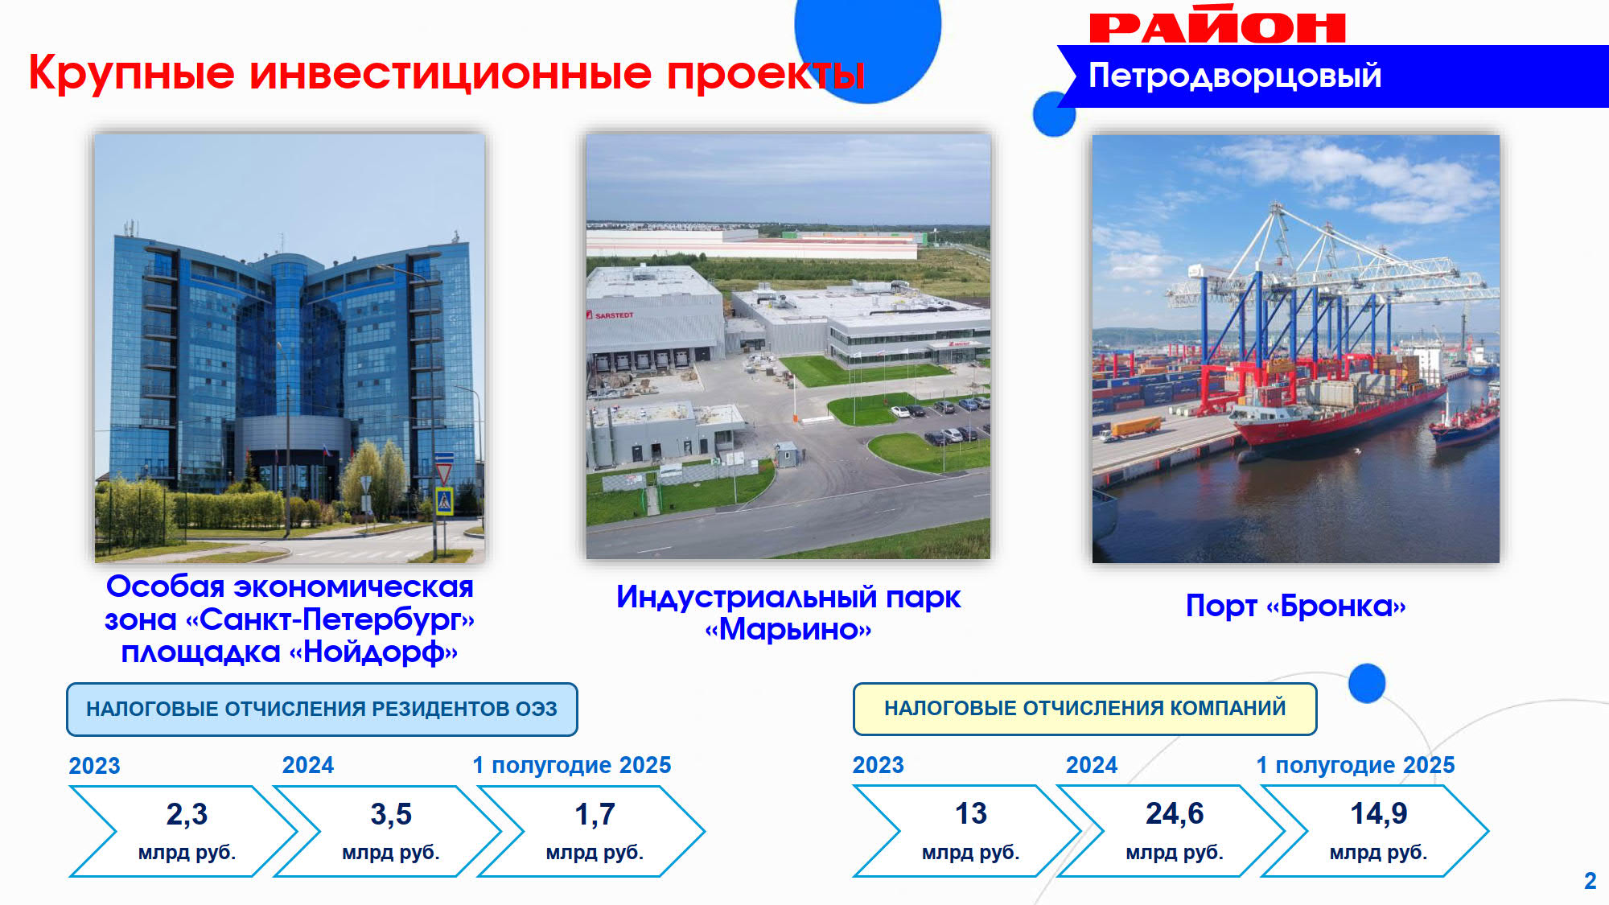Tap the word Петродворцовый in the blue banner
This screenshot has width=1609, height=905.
1235,76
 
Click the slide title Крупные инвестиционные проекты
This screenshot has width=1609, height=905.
446,73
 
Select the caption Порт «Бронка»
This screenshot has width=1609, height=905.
1295,606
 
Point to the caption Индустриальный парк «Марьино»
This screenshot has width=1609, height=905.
788,613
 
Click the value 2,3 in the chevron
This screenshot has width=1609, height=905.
187,814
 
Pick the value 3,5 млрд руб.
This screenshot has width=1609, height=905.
391,831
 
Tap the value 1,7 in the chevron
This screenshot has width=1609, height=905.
595,814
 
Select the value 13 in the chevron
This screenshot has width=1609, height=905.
971,813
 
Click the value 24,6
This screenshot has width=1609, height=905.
1175,813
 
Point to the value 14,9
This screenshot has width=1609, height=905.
1379,813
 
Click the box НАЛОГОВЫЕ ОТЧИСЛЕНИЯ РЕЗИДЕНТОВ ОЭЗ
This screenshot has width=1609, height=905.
322,710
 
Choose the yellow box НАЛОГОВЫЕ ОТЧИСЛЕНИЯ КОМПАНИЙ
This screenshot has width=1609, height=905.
1084,709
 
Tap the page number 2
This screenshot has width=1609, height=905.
1590,881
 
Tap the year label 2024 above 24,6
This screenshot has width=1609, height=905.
1092,765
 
